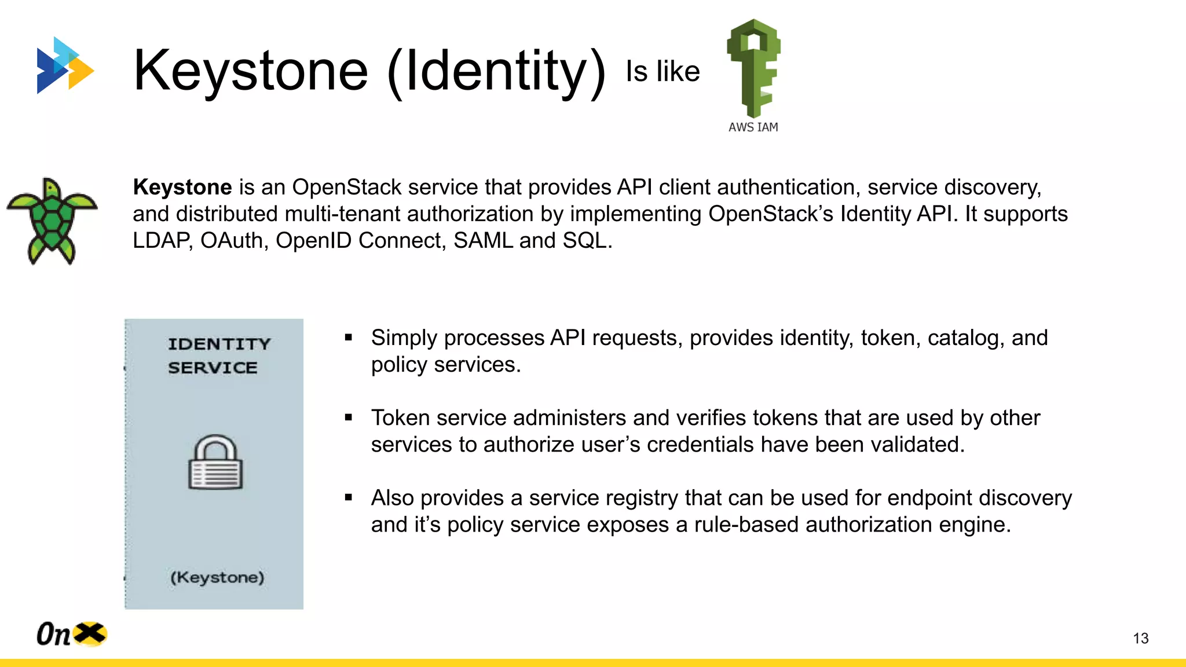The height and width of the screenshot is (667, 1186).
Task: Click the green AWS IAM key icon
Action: [x=753, y=67]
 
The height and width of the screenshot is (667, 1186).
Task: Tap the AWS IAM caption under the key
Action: [x=753, y=127]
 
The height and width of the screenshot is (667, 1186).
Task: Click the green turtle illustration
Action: [x=52, y=221]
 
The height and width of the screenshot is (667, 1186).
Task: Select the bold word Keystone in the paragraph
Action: [x=182, y=188]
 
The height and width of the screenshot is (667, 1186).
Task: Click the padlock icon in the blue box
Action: [x=215, y=463]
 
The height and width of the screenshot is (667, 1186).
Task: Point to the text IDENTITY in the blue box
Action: [x=219, y=344]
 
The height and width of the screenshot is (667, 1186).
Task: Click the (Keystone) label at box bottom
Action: [x=217, y=577]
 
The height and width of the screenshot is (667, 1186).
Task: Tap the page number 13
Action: [x=1140, y=638]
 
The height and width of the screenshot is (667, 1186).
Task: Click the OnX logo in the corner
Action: [x=71, y=634]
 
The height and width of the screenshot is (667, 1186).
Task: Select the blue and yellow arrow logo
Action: [x=64, y=65]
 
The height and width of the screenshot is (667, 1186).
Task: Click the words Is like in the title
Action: [x=662, y=72]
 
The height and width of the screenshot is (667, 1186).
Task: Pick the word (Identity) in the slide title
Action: [x=496, y=72]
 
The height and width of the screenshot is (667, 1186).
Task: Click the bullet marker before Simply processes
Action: [x=349, y=337]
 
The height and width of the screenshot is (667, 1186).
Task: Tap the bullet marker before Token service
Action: [x=349, y=417]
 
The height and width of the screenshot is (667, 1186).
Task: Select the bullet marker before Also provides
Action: [x=349, y=497]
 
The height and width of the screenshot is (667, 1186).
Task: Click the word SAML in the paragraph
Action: [x=483, y=241]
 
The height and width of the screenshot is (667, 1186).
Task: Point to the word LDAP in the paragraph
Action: [x=162, y=241]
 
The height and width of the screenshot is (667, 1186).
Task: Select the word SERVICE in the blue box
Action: [x=213, y=368]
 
